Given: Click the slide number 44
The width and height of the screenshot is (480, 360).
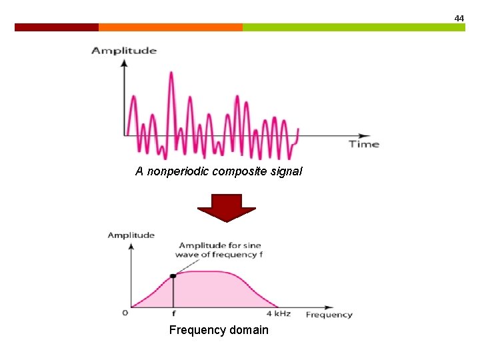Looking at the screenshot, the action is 459,19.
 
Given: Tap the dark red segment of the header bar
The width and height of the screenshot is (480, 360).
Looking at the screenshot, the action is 57,27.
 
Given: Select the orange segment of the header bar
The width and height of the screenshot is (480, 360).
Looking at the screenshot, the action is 170,27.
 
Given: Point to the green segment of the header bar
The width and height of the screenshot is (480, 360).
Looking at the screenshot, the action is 353,27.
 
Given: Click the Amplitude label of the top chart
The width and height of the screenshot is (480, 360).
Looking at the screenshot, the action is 124,51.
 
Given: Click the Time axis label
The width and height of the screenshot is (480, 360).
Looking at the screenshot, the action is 364,144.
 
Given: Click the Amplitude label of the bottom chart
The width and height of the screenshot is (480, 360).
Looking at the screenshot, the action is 131,235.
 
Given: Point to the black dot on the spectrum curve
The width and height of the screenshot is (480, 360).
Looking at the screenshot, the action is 173,275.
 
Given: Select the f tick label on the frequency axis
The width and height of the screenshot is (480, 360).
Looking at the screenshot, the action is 173,314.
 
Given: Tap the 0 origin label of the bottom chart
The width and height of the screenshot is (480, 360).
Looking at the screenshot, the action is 125,313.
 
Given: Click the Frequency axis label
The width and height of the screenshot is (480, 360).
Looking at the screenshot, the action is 329,315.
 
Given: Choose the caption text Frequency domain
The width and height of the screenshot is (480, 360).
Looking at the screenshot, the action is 219,330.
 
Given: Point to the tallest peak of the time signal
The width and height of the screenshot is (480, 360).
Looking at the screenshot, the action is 171,72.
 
